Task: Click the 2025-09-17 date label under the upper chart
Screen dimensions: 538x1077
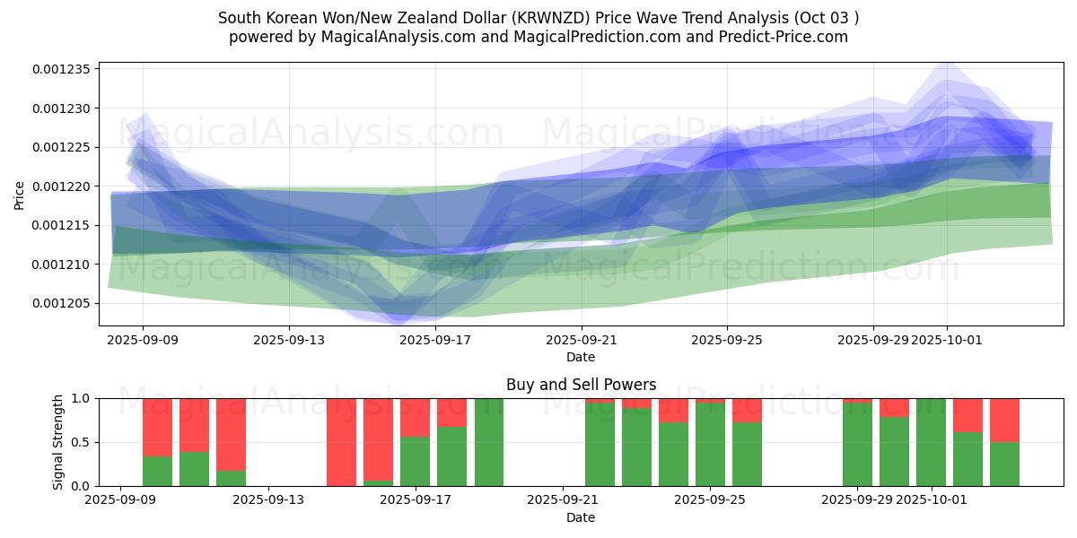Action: pyautogui.click(x=434, y=340)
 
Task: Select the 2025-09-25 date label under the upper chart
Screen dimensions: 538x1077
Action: pyautogui.click(x=727, y=340)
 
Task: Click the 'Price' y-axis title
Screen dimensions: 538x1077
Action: pyautogui.click(x=20, y=195)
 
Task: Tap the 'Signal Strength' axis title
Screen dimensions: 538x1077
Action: pyautogui.click(x=58, y=442)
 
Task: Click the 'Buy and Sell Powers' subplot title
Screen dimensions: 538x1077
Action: pyautogui.click(x=581, y=385)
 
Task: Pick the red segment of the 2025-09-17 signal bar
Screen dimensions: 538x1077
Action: pyautogui.click(x=415, y=417)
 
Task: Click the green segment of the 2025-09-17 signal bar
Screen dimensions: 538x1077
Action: pyautogui.click(x=415, y=461)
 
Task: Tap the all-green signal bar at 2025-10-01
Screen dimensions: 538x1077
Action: pyautogui.click(x=931, y=442)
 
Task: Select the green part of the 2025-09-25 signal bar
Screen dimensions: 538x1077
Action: pyautogui.click(x=710, y=444)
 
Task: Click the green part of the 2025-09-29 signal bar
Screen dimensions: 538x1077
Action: pyautogui.click(x=857, y=444)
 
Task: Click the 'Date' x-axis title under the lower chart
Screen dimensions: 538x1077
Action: pyautogui.click(x=581, y=517)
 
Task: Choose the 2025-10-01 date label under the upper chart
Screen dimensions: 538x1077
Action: pyautogui.click(x=946, y=340)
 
